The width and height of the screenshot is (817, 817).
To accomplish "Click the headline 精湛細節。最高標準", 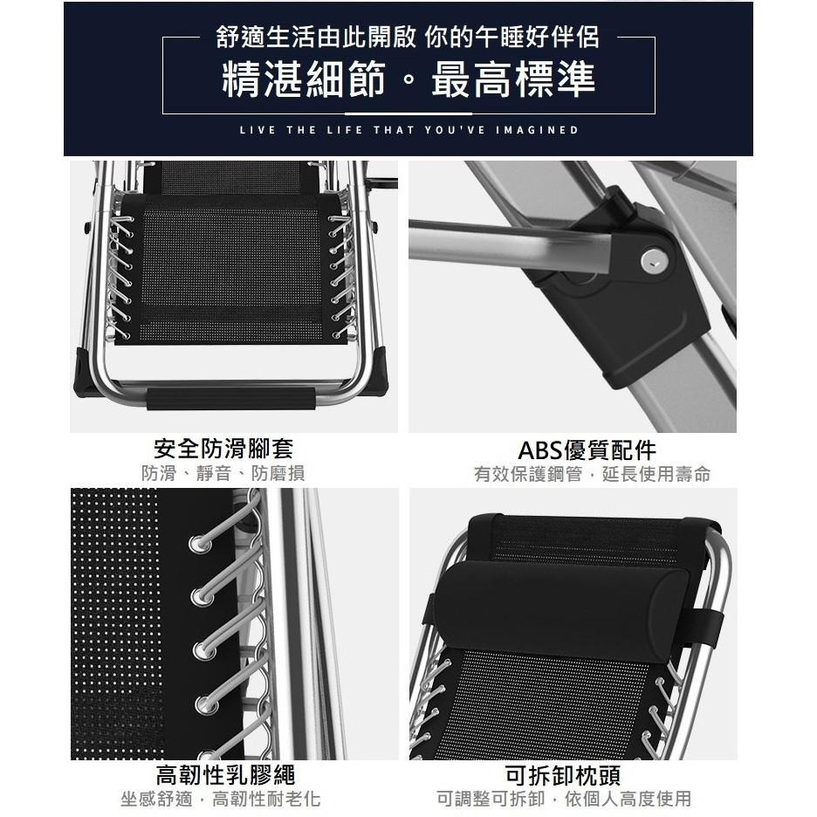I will pyautogui.click(x=408, y=79).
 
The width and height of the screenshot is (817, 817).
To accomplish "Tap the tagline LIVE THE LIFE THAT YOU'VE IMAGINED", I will pyautogui.click(x=408, y=130).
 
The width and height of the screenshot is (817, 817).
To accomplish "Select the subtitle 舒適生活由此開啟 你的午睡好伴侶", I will pyautogui.click(x=408, y=38).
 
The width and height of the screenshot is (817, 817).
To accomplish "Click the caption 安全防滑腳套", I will pyautogui.click(x=223, y=449).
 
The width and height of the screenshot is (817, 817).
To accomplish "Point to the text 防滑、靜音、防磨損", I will pyautogui.click(x=223, y=474).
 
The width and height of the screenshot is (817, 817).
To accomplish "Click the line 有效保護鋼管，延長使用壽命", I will pyautogui.click(x=592, y=474).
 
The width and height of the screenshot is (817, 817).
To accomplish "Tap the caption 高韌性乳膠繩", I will pyautogui.click(x=225, y=774).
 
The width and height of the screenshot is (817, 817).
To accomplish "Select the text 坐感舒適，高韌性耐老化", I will pyautogui.click(x=220, y=799).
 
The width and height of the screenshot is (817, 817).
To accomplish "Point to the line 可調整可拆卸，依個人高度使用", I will pyautogui.click(x=564, y=799).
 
